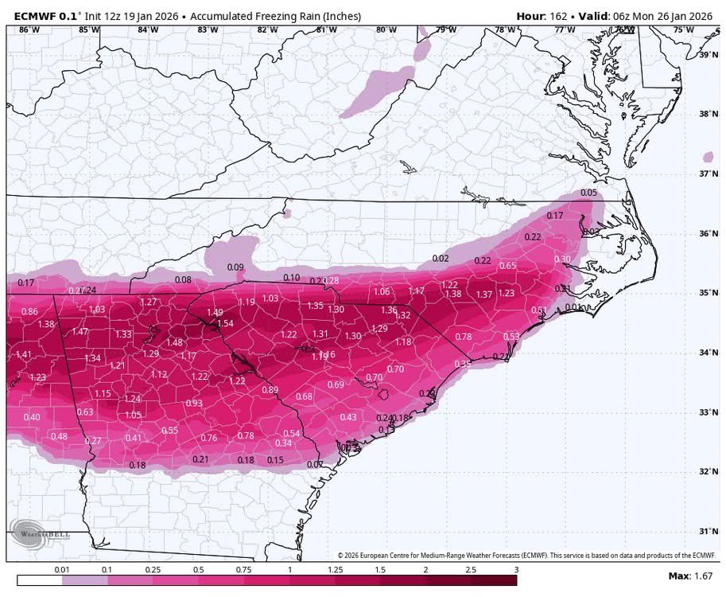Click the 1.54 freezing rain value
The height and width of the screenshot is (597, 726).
(x=226, y=323)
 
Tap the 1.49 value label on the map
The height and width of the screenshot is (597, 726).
(x=215, y=312)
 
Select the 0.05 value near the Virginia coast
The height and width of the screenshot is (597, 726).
(x=588, y=193)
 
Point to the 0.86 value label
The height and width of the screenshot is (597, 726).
(x=29, y=311)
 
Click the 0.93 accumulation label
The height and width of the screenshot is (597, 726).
(x=193, y=403)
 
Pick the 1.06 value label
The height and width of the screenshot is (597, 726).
(x=382, y=292)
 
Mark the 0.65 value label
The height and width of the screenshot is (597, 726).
(x=507, y=265)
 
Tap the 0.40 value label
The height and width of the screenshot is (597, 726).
(x=32, y=417)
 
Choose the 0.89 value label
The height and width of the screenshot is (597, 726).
(x=270, y=389)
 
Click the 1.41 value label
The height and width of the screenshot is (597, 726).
(x=24, y=354)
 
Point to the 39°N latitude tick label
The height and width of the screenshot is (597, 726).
(x=705, y=55)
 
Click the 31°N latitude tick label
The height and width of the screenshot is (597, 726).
(x=705, y=531)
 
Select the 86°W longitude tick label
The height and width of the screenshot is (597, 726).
(x=29, y=30)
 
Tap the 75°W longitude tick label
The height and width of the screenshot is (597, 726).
(x=682, y=30)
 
